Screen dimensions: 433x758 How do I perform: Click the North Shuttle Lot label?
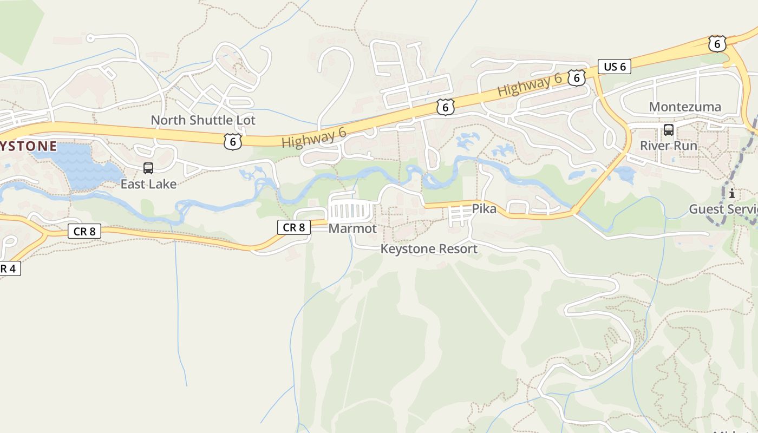[x=202, y=120]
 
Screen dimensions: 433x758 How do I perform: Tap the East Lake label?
[x=148, y=184]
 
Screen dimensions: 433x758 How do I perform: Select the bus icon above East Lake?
[x=148, y=168]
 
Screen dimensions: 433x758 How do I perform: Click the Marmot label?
[x=352, y=228]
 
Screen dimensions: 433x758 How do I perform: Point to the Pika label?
[x=484, y=208]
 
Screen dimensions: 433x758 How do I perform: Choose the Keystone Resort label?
[x=429, y=249]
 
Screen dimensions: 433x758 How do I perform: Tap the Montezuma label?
[x=685, y=107]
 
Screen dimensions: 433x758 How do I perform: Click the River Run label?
[x=669, y=146]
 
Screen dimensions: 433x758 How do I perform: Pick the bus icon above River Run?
[x=669, y=130]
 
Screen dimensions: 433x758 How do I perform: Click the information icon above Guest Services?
[x=732, y=193]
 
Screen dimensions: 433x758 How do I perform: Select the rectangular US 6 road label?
[x=615, y=67]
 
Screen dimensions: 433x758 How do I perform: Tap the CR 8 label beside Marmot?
[x=294, y=227]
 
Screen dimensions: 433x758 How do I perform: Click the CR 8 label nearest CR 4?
[x=84, y=232]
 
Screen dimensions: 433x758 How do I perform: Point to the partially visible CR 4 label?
[x=9, y=268]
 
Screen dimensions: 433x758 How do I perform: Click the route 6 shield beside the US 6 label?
[x=577, y=78]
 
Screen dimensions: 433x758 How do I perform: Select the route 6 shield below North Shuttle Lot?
[x=232, y=142]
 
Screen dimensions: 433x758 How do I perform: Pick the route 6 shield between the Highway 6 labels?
[x=445, y=107]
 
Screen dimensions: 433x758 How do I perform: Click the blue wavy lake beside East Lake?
[x=81, y=165]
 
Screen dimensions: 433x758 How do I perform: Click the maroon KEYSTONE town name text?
[x=28, y=146]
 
